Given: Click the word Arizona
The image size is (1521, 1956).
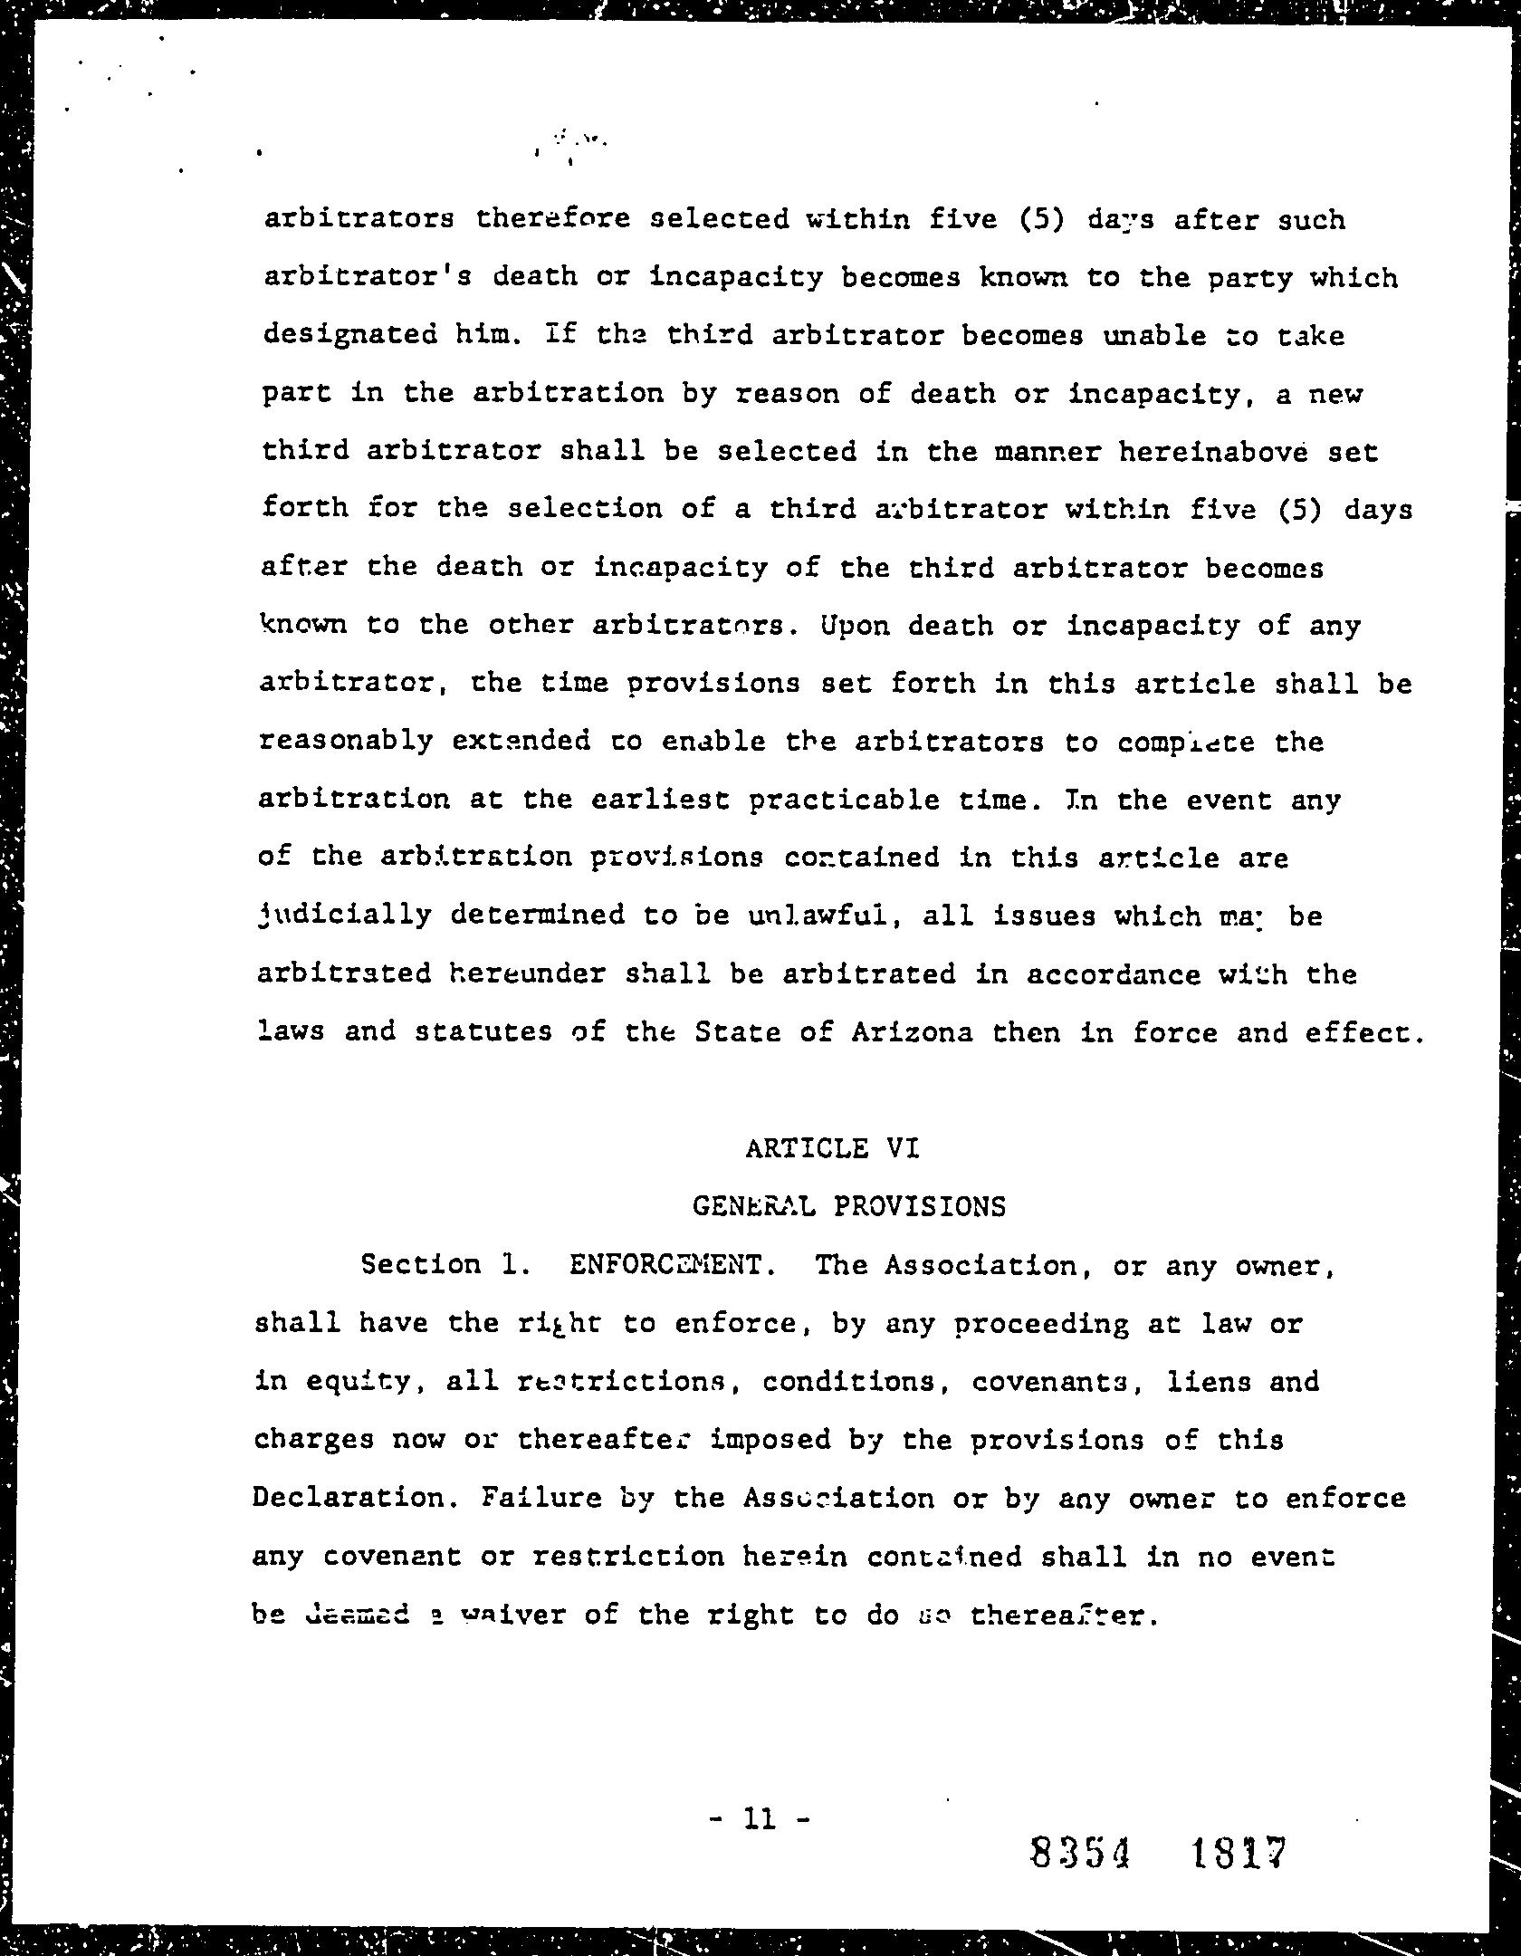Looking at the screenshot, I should (912, 1032).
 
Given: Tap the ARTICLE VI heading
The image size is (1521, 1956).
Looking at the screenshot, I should (832, 1149).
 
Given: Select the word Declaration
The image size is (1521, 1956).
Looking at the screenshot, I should (349, 1498).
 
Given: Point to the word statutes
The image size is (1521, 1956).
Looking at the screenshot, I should (483, 1032).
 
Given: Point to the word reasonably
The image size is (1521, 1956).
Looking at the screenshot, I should (345, 742).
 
